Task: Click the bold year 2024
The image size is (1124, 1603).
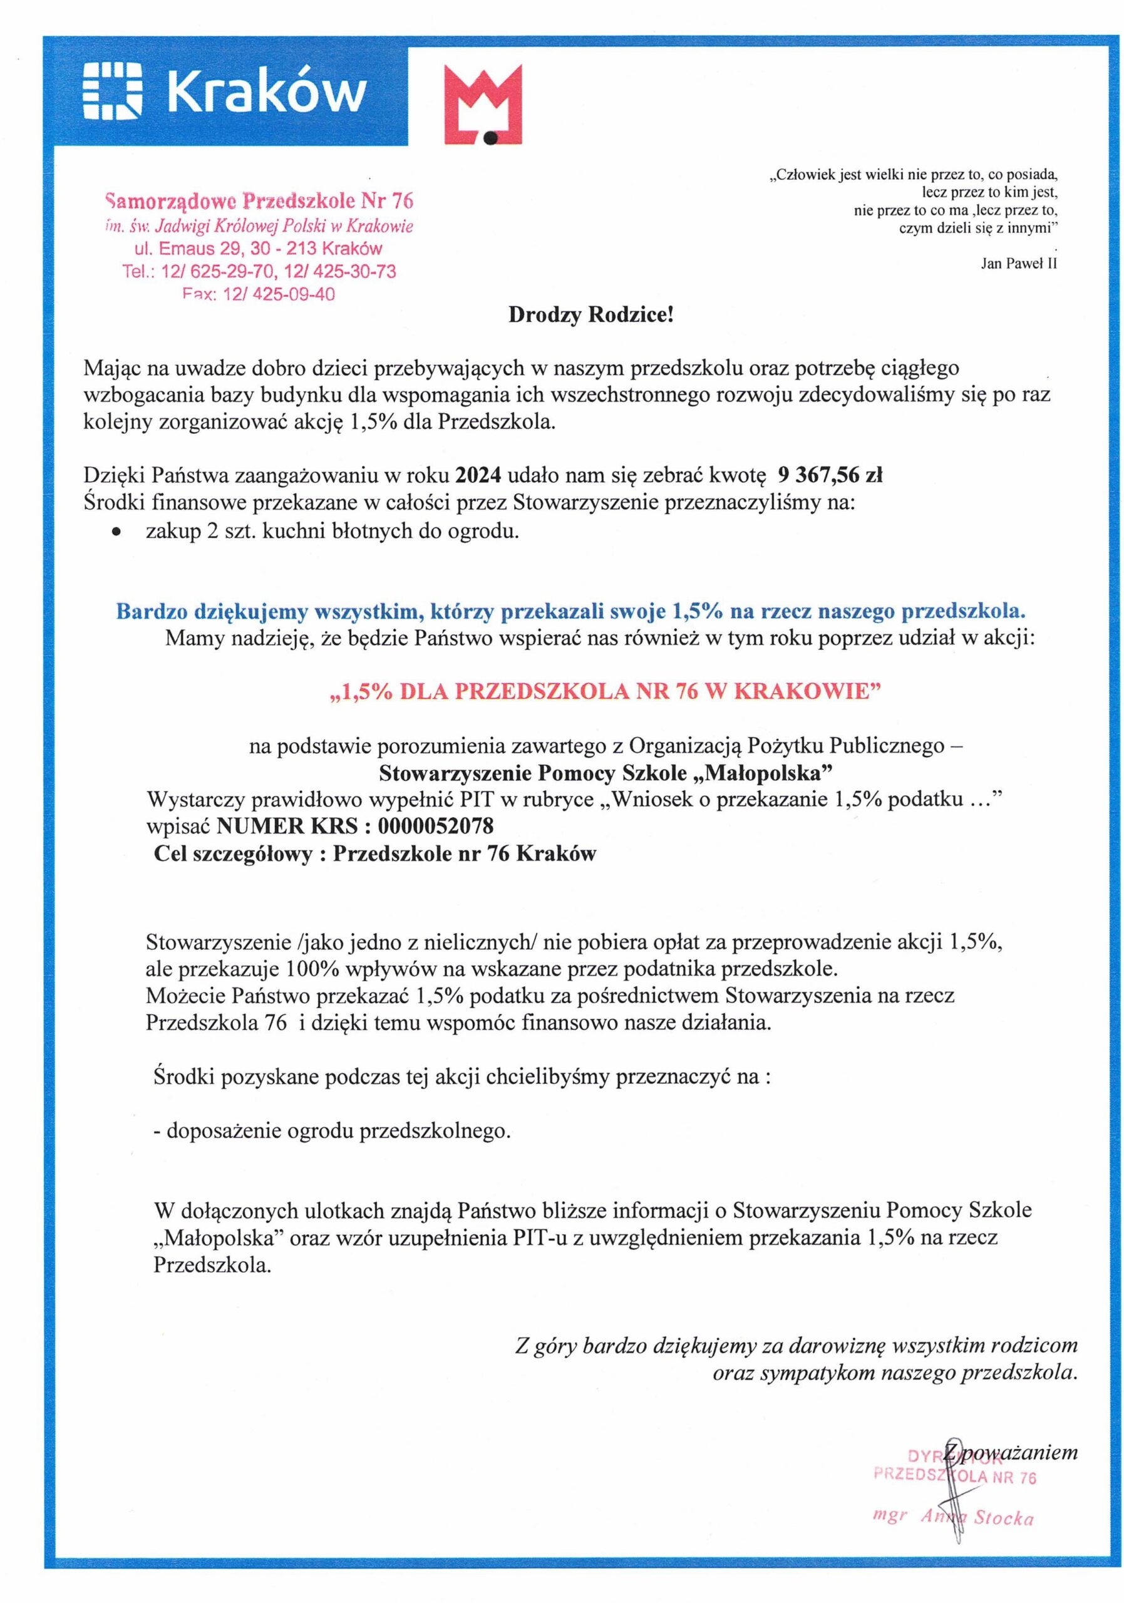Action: pos(479,475)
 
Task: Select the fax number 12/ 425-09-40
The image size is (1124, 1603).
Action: pos(279,295)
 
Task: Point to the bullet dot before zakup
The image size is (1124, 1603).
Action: pos(116,533)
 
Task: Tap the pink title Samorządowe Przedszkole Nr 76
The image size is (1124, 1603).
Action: pos(259,202)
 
